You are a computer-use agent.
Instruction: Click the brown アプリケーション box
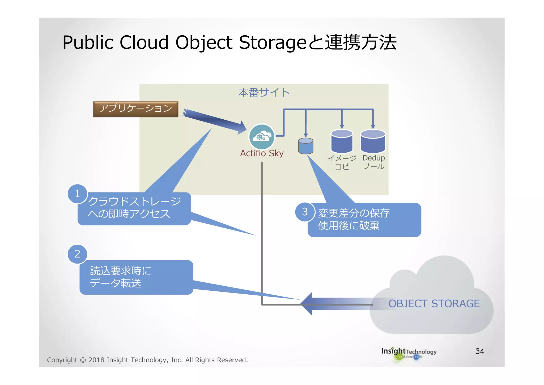coord(135,109)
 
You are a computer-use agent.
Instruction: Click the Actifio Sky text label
coord(262,153)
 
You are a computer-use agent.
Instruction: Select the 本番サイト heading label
coord(263,93)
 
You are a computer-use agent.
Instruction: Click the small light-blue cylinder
coord(305,146)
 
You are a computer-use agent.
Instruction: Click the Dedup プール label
coord(373,162)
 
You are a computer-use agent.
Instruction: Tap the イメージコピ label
coord(342,162)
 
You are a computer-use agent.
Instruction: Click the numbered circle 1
coord(77,194)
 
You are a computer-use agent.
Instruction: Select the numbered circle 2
coord(77,254)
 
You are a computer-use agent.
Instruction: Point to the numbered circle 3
coord(305,212)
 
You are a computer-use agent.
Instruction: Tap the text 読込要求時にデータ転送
coord(121,277)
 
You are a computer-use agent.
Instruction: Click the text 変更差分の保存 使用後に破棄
coord(354,219)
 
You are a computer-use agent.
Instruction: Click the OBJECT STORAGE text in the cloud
coord(434,304)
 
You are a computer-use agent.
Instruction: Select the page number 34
coord(479,351)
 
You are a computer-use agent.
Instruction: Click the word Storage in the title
coord(273,43)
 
